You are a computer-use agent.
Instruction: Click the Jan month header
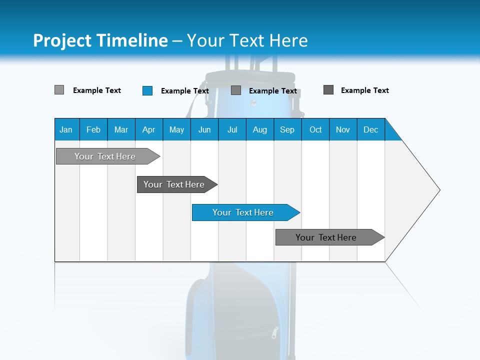click(x=66, y=129)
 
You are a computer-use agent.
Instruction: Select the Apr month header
click(x=148, y=129)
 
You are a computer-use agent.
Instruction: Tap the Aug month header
click(x=259, y=129)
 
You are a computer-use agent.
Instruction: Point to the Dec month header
click(x=370, y=129)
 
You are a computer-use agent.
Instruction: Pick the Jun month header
click(x=204, y=129)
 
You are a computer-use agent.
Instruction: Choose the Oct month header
click(x=315, y=129)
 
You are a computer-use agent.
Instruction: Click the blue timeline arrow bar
click(x=245, y=212)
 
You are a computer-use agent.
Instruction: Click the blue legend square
click(x=147, y=90)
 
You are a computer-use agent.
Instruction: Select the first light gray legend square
click(x=59, y=90)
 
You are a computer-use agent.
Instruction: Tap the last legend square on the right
click(x=328, y=90)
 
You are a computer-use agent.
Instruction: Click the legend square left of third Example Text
click(x=236, y=90)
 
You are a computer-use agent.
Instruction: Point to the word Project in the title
click(x=61, y=40)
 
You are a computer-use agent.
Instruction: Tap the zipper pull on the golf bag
click(x=274, y=332)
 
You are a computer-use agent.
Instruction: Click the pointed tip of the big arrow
click(x=438, y=190)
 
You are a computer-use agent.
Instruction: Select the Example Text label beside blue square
click(x=184, y=91)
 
